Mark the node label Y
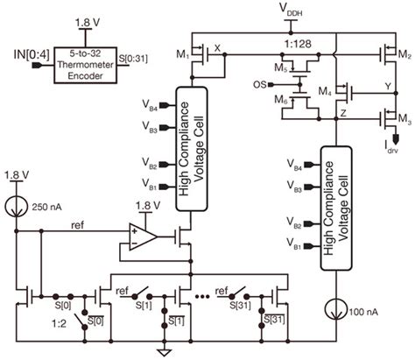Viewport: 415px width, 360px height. tap(387, 88)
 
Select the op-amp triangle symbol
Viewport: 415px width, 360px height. tap(137, 234)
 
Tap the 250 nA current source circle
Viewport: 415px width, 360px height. tap(15, 208)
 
